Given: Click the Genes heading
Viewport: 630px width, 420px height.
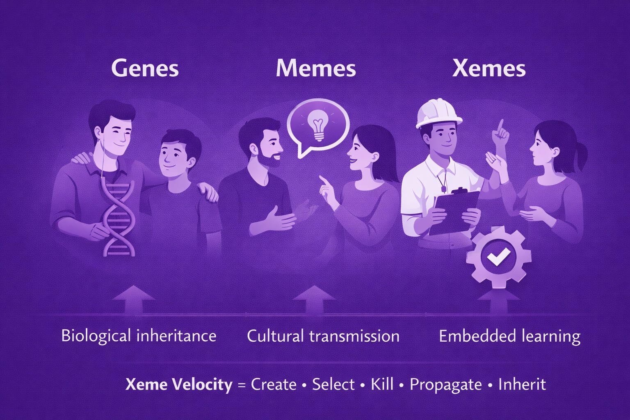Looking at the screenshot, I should [145, 68].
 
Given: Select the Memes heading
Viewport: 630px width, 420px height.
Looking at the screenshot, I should [315, 68].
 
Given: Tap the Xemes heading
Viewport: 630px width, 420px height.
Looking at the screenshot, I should [488, 68].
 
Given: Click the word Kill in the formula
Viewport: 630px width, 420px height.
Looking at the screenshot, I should [382, 385].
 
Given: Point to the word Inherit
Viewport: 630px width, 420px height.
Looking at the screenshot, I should [522, 385].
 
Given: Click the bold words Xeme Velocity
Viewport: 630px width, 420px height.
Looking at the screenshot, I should [178, 385].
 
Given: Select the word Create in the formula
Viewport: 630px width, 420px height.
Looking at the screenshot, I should [274, 385].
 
